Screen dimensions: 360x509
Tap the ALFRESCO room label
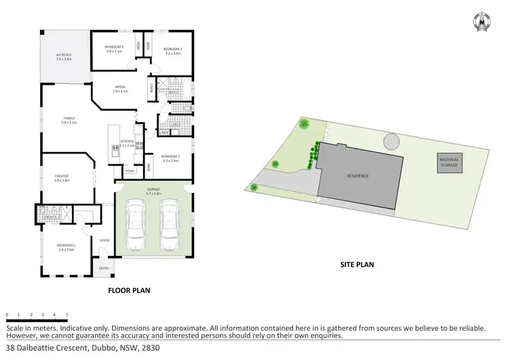[x=64, y=55]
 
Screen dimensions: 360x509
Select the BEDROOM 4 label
[x=113, y=48]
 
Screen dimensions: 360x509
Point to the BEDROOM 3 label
[x=172, y=49]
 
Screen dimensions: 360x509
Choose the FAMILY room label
[x=69, y=120]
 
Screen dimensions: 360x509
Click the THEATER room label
[x=62, y=178]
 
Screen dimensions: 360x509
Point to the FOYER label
[x=105, y=240]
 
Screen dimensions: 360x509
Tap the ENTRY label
[x=104, y=269]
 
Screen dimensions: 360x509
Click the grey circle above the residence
[x=392, y=141]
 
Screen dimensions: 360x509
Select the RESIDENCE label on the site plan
[x=358, y=176]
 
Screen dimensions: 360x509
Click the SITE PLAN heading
[x=357, y=264]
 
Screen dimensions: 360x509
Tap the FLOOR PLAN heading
[x=129, y=290]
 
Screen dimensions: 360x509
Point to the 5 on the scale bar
[x=67, y=315]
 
